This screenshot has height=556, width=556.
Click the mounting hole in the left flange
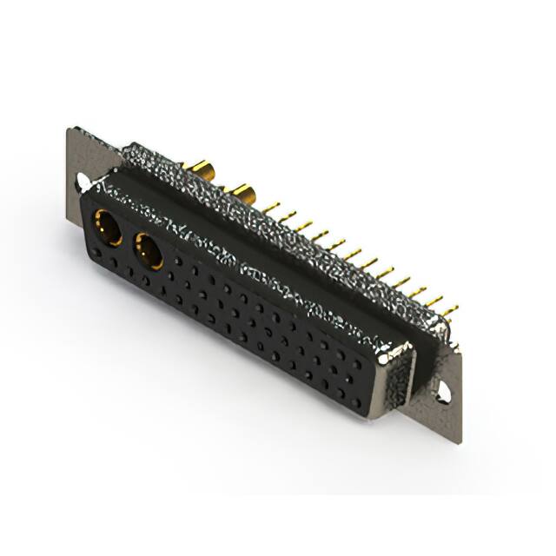click(x=83, y=182)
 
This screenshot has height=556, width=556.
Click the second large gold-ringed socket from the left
click(x=148, y=252)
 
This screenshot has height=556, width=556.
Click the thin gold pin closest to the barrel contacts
click(x=271, y=208)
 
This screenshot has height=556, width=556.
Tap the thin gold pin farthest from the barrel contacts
click(x=449, y=310)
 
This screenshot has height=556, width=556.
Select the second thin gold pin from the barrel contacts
click(x=288, y=217)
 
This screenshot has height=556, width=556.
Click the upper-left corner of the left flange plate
click(x=69, y=131)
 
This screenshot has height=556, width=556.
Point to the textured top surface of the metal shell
click(x=287, y=235)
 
